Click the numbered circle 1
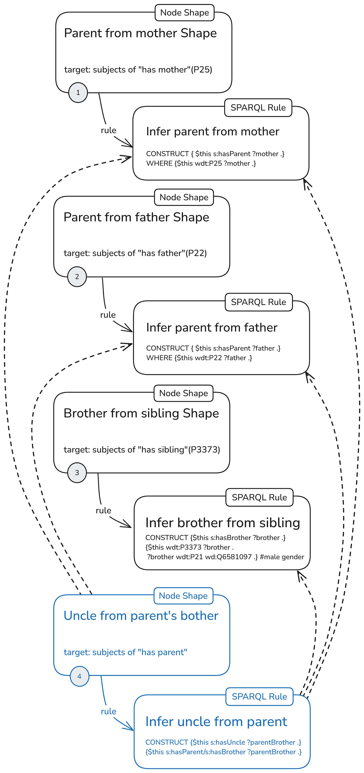click(78, 93)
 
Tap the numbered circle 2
click(77, 276)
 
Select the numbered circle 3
click(77, 473)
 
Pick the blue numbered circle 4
click(79, 676)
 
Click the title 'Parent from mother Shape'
click(140, 33)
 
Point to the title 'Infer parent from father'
click(211, 327)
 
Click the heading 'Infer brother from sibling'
click(222, 522)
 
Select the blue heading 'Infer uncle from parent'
click(216, 721)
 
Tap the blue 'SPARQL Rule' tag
click(259, 696)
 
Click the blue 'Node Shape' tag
click(183, 596)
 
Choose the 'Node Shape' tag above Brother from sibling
click(183, 393)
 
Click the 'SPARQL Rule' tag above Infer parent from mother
click(258, 108)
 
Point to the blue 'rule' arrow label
click(108, 711)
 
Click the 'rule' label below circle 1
click(108, 130)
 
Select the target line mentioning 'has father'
click(135, 253)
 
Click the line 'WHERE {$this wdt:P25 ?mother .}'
click(201, 163)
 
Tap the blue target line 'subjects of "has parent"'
click(125, 652)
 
